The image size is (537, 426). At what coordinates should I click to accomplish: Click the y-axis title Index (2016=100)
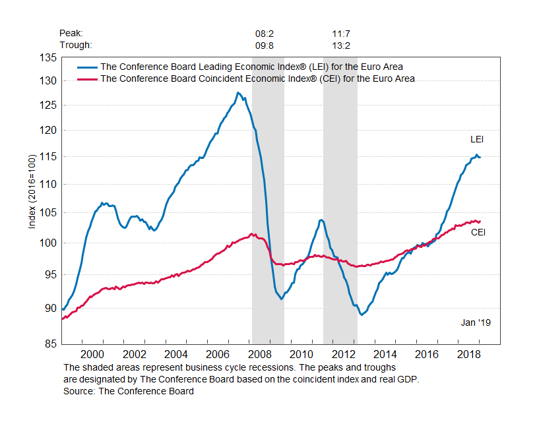point(31,193)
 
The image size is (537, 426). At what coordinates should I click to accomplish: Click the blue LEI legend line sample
point(87,67)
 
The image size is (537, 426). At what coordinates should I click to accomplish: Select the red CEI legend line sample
point(87,79)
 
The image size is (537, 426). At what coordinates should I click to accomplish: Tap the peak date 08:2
point(265,33)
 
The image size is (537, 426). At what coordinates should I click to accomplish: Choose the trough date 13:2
point(342,45)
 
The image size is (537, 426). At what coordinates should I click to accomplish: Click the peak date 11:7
point(342,33)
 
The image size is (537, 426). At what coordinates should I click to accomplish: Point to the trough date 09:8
point(265,45)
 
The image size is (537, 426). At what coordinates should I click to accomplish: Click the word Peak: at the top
point(71,33)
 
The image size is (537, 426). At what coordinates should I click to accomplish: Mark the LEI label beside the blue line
point(477,139)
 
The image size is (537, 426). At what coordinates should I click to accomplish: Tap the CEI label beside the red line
point(478,232)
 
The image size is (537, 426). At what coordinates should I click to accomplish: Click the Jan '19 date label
point(475,322)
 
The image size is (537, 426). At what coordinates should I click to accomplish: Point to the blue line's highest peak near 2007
point(237,93)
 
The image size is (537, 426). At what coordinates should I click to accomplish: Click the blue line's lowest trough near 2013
point(362,315)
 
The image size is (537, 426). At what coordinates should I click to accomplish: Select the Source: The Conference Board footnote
point(129,391)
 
